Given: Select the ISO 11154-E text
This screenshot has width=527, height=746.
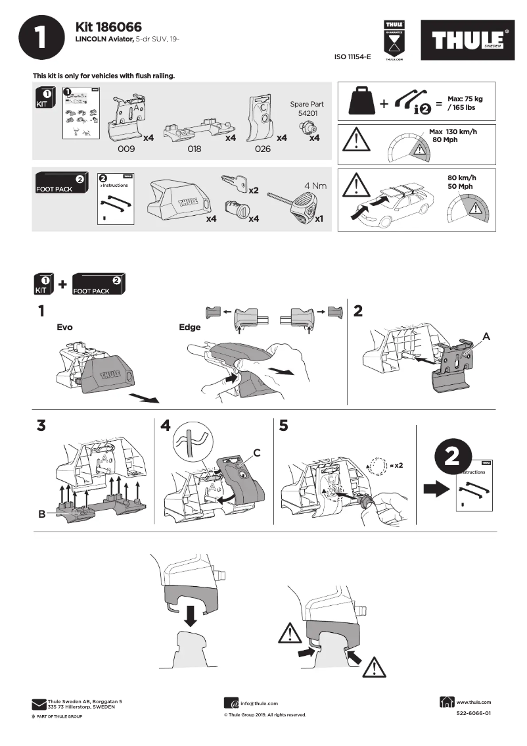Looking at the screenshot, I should point(353,58).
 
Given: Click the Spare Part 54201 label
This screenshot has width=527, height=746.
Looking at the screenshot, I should point(306,109).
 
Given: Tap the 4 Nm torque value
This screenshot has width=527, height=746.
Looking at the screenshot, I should point(315,186).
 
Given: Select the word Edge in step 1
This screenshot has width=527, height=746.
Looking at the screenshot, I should point(189,326).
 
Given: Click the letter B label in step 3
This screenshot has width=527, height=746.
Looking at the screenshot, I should point(41,514).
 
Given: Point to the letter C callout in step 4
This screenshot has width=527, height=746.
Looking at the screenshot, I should point(257,453).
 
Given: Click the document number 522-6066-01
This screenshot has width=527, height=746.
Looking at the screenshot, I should point(473,713).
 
